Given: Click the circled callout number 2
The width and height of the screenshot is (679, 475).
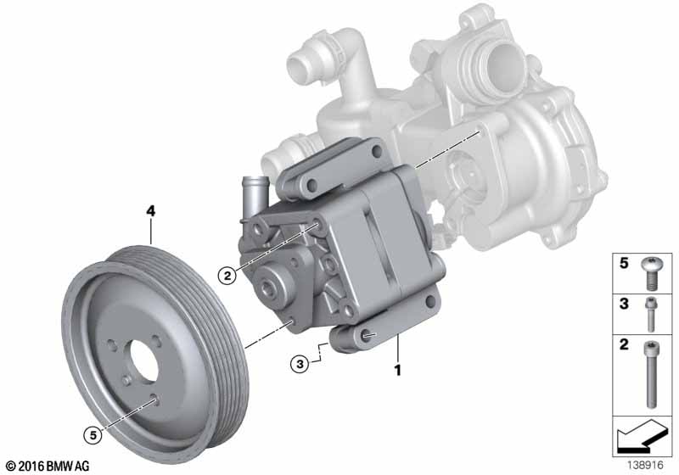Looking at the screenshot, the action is click(x=227, y=275).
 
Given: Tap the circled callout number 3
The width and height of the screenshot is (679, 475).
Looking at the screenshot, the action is click(x=300, y=364).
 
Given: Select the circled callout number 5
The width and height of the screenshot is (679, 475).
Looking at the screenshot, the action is click(x=93, y=435).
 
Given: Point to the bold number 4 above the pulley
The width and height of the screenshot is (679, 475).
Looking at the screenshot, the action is click(x=150, y=211).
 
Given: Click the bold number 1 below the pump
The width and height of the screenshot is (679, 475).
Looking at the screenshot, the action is click(x=397, y=371).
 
